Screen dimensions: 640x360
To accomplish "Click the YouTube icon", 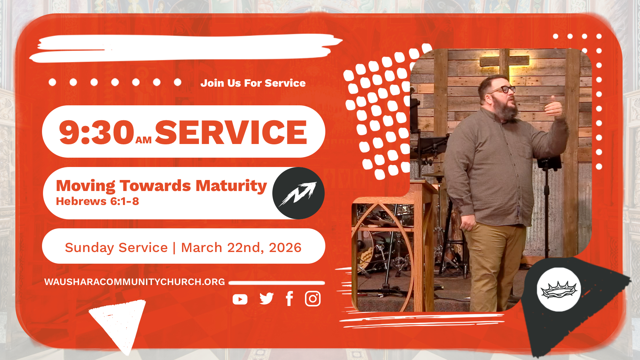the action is [240, 299].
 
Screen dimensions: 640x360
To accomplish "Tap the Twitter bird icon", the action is [267, 299].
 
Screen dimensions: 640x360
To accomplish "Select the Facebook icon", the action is [289, 299].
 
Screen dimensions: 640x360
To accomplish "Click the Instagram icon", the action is [313, 299].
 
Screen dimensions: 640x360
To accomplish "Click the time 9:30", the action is [96, 133].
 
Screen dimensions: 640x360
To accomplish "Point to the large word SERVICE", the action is [231, 132].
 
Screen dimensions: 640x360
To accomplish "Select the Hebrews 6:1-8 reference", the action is [97, 201].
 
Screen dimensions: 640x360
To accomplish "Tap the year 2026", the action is [285, 248].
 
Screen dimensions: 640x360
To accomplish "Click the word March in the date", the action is [201, 248].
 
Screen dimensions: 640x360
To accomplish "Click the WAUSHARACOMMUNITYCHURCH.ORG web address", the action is [134, 282].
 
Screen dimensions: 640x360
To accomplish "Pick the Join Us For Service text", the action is [253, 83].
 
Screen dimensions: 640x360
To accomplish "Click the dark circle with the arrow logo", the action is [298, 193].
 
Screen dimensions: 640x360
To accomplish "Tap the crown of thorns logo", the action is [559, 290].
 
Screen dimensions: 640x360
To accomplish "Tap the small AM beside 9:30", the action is [143, 140].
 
